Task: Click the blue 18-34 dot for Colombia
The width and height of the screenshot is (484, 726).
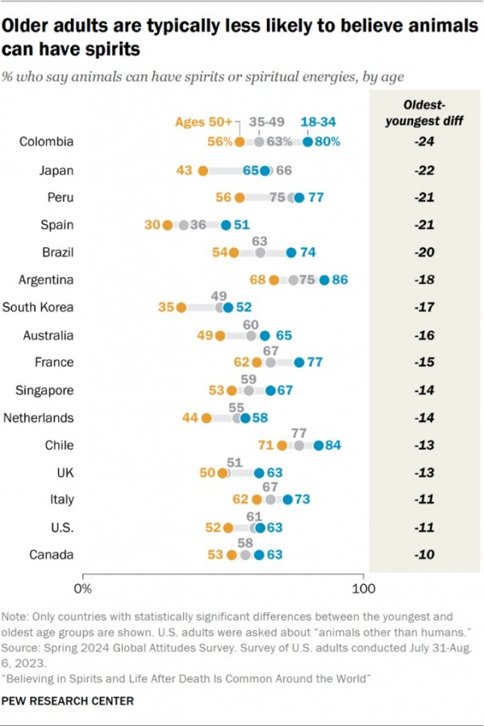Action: click(307, 142)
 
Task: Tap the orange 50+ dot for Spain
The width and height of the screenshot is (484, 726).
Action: click(167, 225)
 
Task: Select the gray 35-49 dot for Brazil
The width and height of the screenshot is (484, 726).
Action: click(260, 253)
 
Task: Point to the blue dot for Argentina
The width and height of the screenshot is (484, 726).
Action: click(324, 280)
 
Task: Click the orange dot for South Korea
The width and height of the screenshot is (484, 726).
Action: click(181, 308)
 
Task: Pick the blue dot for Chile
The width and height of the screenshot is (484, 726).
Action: click(319, 446)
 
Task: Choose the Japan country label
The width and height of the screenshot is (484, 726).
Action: click(56, 170)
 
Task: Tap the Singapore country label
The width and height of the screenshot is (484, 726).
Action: click(45, 391)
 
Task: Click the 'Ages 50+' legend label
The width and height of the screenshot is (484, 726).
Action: click(203, 122)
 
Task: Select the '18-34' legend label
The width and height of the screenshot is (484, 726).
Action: click(318, 122)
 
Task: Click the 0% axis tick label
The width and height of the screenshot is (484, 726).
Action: click(83, 587)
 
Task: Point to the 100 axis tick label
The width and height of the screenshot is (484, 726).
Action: click(364, 587)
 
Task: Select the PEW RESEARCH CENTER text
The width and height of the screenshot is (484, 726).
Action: click(68, 702)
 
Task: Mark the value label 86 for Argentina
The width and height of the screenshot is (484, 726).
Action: click(340, 280)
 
